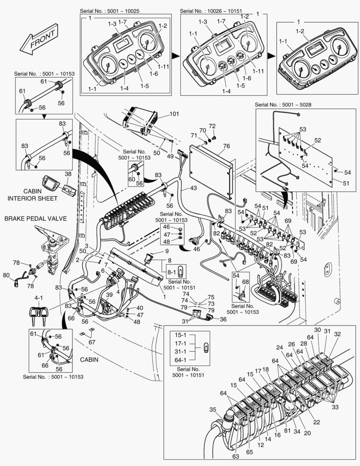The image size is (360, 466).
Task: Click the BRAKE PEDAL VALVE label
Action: [35, 219]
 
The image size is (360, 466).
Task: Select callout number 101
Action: [174, 114]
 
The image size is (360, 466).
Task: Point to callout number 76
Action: [226, 146]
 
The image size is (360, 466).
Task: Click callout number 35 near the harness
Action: [213, 409]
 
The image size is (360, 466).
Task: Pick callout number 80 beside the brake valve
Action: [6, 275]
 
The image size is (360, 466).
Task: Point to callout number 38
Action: [68, 174]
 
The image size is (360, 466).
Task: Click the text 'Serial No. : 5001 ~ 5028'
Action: [283, 104]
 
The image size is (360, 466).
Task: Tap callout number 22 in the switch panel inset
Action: [316, 422]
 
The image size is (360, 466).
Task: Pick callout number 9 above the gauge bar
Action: [166, 251]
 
